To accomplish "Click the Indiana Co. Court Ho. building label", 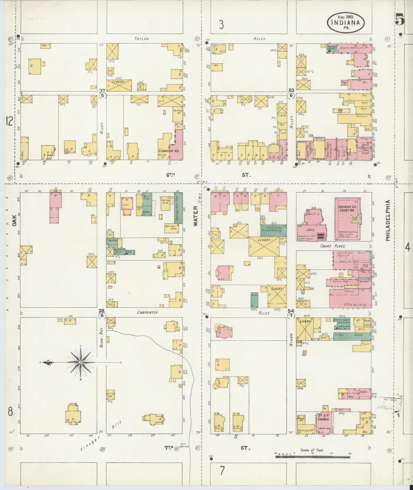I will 346,208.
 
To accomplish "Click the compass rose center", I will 81,362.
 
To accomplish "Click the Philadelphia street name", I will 388,220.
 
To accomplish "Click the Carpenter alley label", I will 147,312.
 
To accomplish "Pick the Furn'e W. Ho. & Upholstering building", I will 273,229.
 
